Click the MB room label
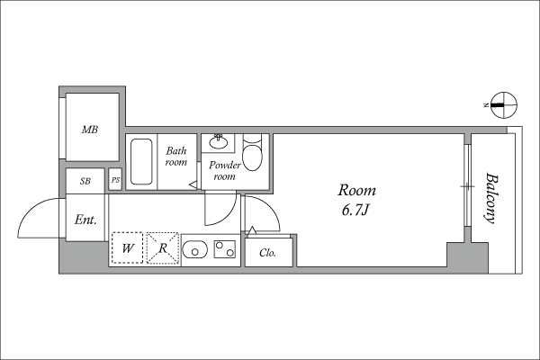coord(90,130)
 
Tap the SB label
coord(85,181)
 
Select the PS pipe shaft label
coord(116,180)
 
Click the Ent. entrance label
coord(85,220)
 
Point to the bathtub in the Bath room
coord(141,162)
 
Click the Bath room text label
coord(176,156)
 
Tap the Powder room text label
coord(224,170)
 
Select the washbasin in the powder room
coord(219,141)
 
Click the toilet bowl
coord(252,157)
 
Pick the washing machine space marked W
coord(127,248)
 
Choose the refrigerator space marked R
coord(163,248)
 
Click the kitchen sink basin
coord(195,249)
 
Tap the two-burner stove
coord(225,249)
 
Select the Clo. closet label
coord(268,253)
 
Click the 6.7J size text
coord(355,210)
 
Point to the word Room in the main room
coord(356,190)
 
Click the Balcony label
coord(491,198)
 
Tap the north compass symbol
coord(503,105)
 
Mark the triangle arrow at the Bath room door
coord(193,184)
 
